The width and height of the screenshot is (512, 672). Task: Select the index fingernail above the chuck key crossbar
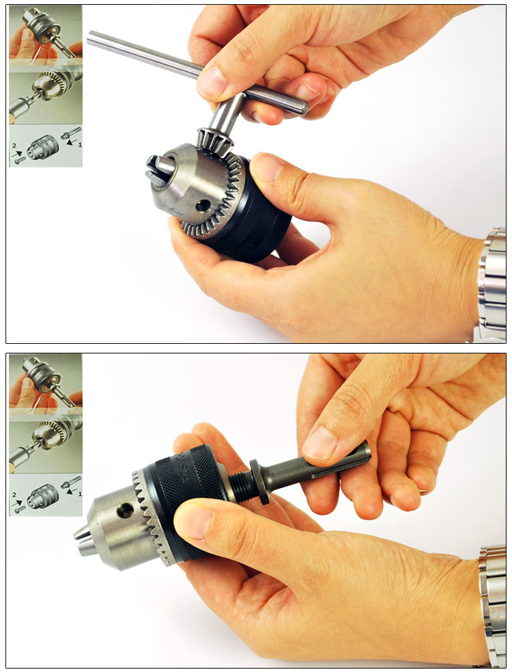212,83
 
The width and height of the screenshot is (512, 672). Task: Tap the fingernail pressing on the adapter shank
319,443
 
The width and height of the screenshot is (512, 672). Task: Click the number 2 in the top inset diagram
14,144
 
